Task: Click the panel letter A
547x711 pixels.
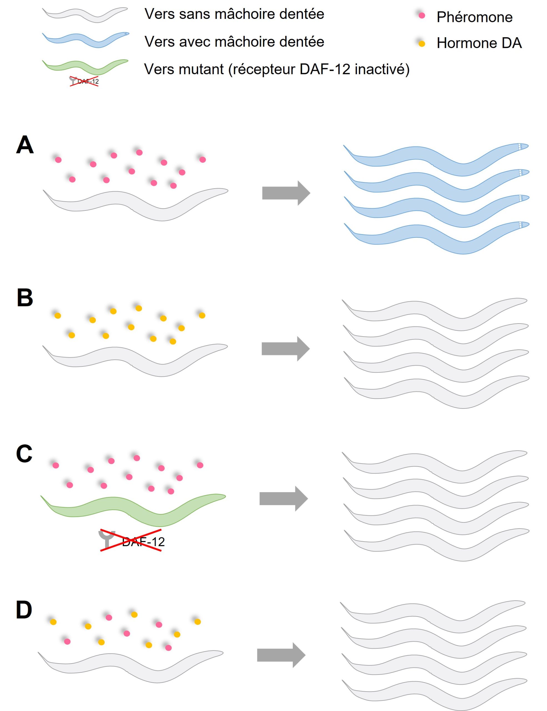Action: tap(25, 145)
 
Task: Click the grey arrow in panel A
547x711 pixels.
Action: tap(286, 193)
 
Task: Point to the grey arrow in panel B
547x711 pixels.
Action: tap(285, 349)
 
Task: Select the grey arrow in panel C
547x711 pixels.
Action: tap(283, 499)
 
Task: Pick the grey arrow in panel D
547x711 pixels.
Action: tap(281, 655)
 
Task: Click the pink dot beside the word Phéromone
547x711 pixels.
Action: tap(422, 16)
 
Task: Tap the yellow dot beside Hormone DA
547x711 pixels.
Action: tap(422, 44)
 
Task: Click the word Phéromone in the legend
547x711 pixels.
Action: tap(474, 17)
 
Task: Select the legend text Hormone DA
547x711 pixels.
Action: tap(479, 43)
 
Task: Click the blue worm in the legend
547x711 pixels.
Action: tap(85, 39)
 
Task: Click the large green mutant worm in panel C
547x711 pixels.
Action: tap(133, 508)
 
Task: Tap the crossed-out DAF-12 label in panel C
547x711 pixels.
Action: tap(143, 542)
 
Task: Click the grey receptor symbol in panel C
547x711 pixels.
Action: tap(107, 539)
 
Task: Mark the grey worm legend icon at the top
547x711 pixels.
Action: tap(85, 14)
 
